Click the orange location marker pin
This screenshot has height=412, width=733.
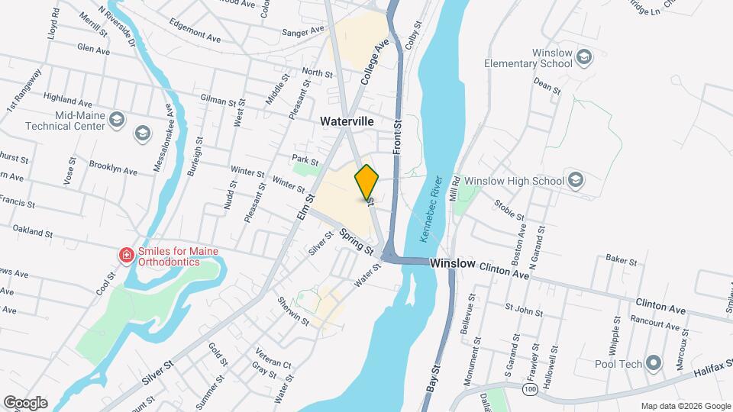367,182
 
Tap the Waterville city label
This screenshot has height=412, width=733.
347,121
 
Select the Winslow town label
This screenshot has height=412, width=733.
453,262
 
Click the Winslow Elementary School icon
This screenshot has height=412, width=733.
585,56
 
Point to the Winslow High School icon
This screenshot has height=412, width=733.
576,181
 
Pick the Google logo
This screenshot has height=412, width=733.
25,402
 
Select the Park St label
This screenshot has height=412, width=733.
305,161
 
